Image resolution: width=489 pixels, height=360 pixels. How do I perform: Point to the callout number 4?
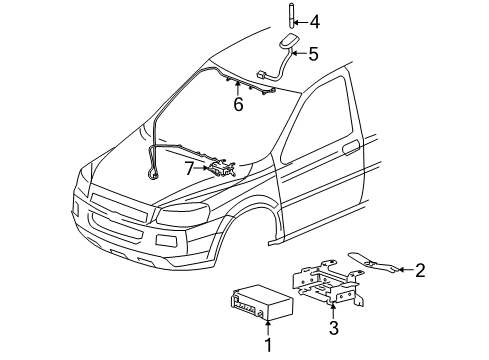315,20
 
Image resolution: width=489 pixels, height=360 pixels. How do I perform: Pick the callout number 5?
312,54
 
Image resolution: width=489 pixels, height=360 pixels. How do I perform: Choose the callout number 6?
237,103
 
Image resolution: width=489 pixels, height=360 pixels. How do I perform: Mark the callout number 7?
190,168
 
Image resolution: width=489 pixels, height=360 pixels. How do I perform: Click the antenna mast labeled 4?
287,19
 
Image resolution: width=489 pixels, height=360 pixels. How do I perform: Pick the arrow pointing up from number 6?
237,88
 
